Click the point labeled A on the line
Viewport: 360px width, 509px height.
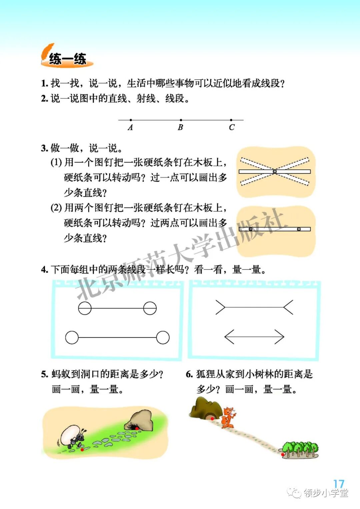131,120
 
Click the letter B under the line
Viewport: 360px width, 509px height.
180,127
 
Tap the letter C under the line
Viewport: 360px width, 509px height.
232,127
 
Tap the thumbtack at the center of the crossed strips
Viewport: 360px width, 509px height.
275,171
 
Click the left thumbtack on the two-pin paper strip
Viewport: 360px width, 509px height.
251,229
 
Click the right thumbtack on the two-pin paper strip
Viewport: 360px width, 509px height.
299,229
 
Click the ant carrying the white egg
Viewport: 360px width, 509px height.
72,437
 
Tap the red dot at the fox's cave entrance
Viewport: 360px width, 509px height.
212,418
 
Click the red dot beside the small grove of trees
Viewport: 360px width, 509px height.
283,454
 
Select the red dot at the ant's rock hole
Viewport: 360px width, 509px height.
137,428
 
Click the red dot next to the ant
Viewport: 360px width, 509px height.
82,450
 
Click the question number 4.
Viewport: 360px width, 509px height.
44,270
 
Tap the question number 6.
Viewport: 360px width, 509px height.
189,375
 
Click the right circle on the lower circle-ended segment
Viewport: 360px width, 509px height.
163,338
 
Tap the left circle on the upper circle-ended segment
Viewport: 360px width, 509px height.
85,308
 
